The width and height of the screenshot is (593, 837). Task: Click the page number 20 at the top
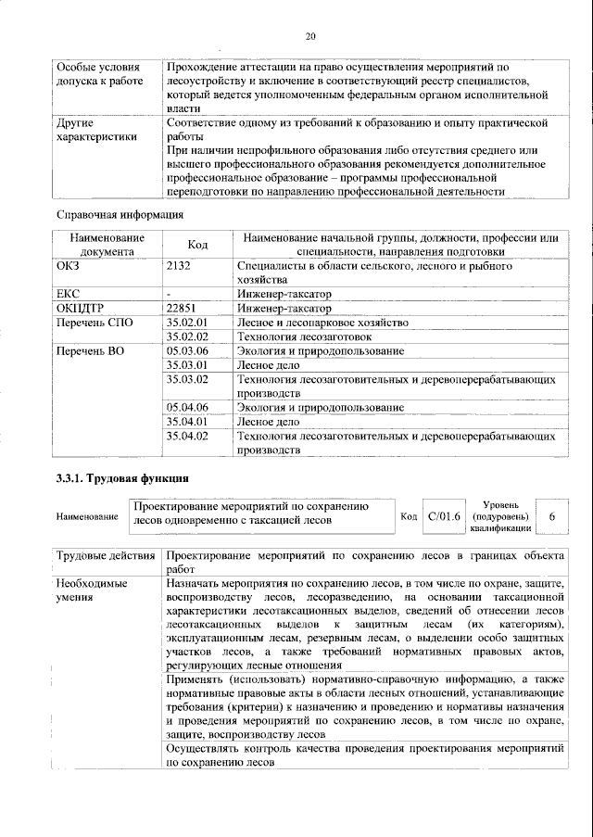tap(310, 36)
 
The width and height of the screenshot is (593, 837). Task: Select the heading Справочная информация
tap(120, 215)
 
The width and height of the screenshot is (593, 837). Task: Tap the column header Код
tap(196, 245)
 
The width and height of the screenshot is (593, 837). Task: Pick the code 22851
tap(182, 308)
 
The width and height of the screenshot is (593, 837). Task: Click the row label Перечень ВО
tap(89, 351)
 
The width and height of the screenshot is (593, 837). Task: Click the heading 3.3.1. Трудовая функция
tap(121, 478)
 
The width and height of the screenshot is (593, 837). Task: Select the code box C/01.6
tap(443, 515)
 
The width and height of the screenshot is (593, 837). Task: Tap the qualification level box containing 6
tap(553, 515)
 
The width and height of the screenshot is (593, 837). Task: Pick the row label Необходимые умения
tap(92, 591)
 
